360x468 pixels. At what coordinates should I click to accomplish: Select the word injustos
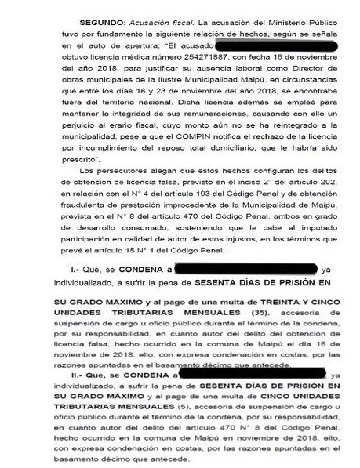point(234,233)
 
